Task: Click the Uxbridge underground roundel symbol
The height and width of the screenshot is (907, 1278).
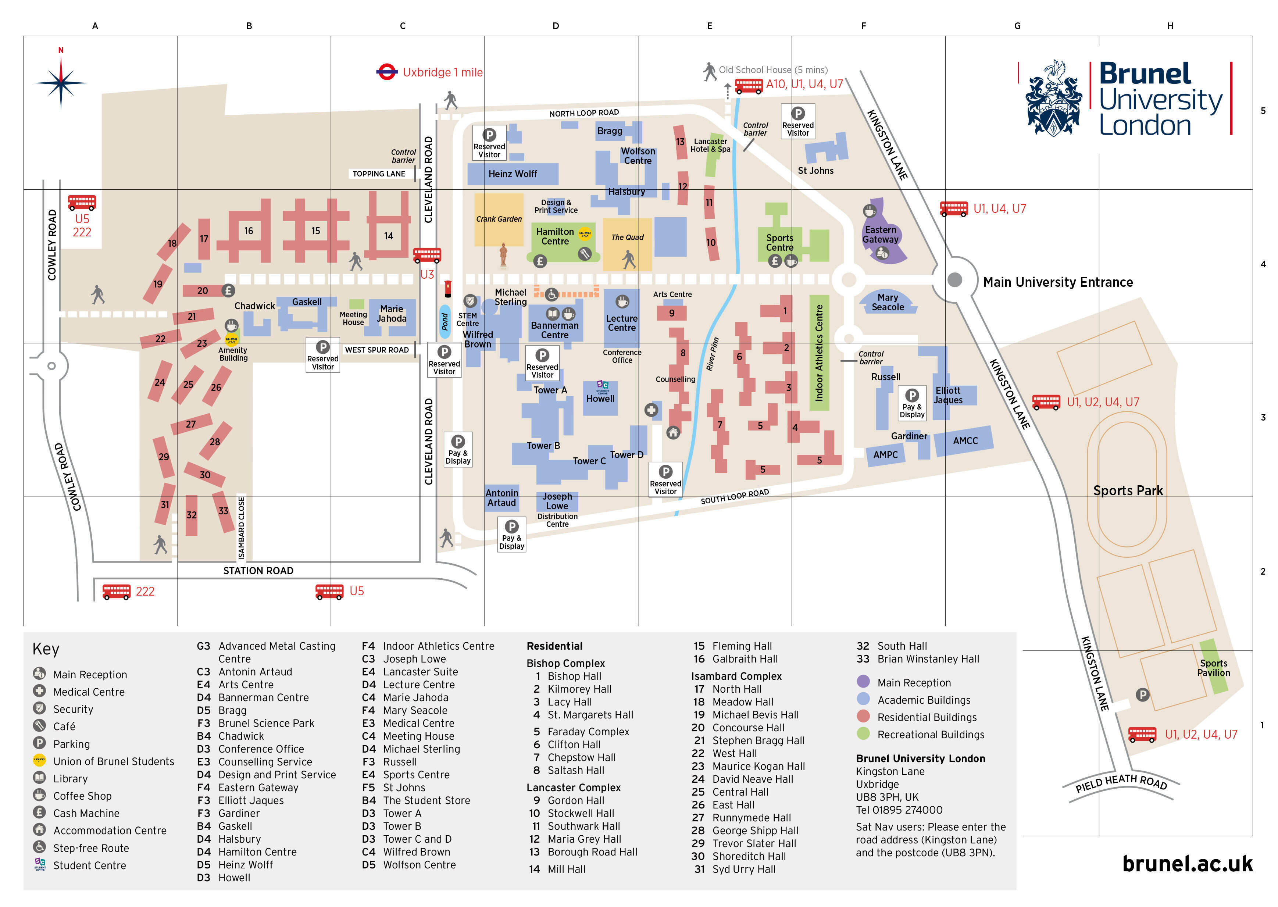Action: click(x=386, y=72)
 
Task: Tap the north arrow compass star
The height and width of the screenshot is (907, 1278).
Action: click(x=61, y=83)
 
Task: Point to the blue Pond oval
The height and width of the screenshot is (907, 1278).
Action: click(x=445, y=322)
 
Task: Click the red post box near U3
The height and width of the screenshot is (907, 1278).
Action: click(x=447, y=289)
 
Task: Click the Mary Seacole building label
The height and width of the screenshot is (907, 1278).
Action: click(x=887, y=302)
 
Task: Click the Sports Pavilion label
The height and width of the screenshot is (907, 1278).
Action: click(x=1213, y=668)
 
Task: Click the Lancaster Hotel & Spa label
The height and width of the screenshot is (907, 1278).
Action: click(x=710, y=145)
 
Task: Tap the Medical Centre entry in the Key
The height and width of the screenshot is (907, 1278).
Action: click(x=89, y=692)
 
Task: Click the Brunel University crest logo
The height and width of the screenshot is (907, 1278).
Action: click(x=1053, y=99)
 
